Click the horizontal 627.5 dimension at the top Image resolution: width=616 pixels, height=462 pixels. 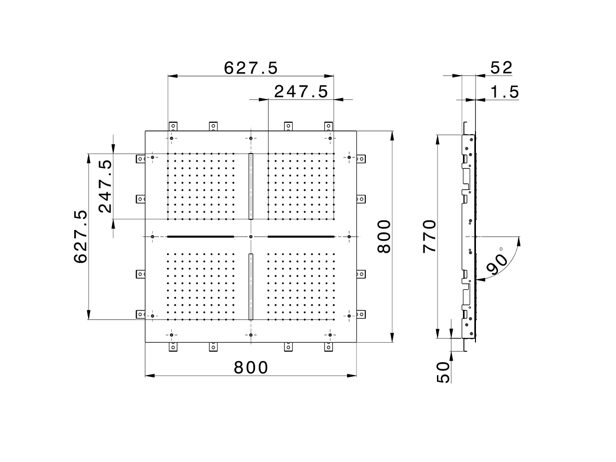pos(251,68)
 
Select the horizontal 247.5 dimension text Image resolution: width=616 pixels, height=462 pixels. pos(301,91)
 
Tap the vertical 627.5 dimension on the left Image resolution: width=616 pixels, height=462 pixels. pos(80,236)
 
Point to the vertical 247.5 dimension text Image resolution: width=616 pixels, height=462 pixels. pos(105,186)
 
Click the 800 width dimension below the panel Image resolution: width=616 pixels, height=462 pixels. pos(251,368)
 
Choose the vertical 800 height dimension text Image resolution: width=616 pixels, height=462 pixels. pos(384,236)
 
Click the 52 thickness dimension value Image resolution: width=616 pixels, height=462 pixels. pos(501,68)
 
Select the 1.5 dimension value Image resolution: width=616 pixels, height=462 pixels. pos(505,91)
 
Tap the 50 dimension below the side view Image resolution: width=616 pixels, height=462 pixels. pos(444,372)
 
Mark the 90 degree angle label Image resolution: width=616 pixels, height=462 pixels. pos(497,262)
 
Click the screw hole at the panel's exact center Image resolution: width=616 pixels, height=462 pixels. pos(251,237)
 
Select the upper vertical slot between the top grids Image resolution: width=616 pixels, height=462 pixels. pos(251,186)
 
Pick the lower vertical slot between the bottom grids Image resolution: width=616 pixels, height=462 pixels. pos(251,286)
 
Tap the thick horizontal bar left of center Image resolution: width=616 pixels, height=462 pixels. pos(200,237)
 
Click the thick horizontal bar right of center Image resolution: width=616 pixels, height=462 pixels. pos(301,237)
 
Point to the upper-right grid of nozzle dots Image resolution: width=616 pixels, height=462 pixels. pos(301,186)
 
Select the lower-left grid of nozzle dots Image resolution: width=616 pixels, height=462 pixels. pos(200,286)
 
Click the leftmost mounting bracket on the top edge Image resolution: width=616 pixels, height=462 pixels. pos(172,127)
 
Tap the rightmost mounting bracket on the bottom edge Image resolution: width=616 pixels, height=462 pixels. pos(329,346)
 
